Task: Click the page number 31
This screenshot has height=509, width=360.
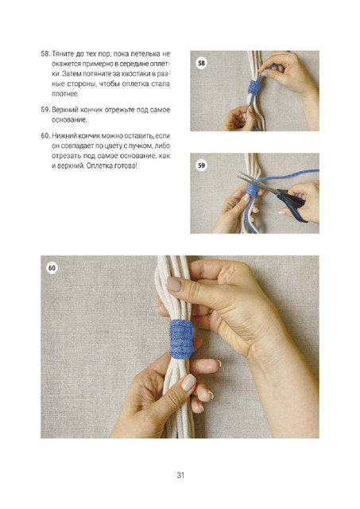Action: tap(180, 475)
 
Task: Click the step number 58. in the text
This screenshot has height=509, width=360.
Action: tap(45, 54)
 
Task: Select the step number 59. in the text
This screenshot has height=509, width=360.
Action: tap(45, 110)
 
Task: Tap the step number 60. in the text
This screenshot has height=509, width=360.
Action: tap(46, 136)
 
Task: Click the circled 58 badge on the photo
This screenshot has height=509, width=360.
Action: tap(201, 63)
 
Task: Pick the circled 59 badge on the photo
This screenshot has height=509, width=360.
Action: tap(201, 165)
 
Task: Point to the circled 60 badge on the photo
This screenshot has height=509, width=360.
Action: tap(52, 268)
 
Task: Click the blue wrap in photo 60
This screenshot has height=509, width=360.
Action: tap(181, 339)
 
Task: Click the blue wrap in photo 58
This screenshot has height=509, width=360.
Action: tap(254, 87)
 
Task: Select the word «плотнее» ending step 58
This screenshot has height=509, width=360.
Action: tap(65, 94)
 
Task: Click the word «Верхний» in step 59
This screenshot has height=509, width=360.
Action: tap(65, 110)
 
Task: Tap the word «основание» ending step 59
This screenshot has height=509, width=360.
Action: tap(69, 120)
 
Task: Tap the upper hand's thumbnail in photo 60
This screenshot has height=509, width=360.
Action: tap(175, 285)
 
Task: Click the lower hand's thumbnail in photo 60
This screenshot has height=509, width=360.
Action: tap(188, 383)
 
